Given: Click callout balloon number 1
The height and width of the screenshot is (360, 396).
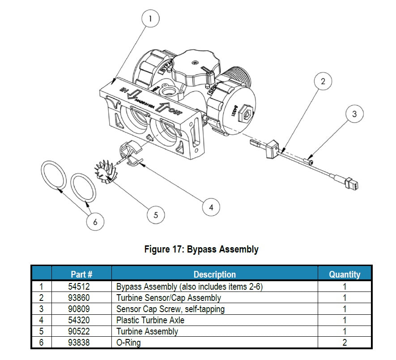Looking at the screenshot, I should pos(151,19).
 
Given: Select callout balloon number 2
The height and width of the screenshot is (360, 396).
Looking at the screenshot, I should pos(323,81).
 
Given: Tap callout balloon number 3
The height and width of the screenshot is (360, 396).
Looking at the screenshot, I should pos(354,114).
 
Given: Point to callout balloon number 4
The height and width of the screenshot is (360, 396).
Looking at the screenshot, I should pos(211,207).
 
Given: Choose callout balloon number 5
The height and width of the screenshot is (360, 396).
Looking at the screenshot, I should pos(156,215).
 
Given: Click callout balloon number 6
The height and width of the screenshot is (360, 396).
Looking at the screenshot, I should pos(95,221).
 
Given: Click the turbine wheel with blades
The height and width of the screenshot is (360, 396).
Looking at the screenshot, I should pos(106,172).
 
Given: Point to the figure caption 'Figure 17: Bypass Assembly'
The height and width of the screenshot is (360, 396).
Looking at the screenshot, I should pos(201,249).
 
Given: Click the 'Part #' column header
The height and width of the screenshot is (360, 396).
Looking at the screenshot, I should pos(81,274).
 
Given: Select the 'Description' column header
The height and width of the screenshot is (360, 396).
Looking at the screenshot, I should pos(214,274).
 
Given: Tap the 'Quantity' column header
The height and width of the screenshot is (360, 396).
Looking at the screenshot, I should pos(344,274).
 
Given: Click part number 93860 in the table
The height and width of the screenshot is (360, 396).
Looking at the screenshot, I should pos(81,298).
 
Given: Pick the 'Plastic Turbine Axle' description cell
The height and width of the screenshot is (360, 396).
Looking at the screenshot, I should pos(150,320).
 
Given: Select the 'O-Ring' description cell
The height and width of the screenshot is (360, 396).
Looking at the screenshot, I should pos(128,343).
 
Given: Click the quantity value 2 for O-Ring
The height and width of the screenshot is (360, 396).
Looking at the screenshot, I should pos(344,343).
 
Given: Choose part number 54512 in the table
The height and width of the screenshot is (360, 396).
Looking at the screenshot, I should pos(81,287).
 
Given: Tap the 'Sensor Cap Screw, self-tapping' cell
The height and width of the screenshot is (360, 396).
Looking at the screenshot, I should pos(170,309).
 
